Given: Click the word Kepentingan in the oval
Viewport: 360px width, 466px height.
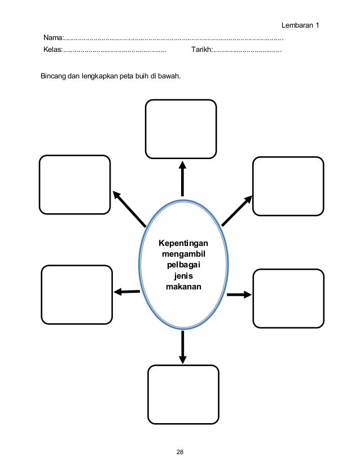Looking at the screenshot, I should pyautogui.click(x=183, y=243).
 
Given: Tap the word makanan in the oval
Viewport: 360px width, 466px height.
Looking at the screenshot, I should pyautogui.click(x=183, y=287).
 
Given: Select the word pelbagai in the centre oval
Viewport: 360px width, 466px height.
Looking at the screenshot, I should pyautogui.click(x=183, y=265).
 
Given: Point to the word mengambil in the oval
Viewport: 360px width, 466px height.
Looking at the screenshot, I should pyautogui.click(x=183, y=254).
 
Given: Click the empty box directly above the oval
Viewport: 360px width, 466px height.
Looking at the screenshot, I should pyautogui.click(x=181, y=129).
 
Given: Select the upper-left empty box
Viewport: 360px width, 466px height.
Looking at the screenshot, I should pyautogui.click(x=75, y=184).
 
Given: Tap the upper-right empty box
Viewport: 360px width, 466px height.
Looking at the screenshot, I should pyautogui.click(x=288, y=186).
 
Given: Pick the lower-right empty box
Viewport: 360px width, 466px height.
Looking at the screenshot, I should pyautogui.click(x=288, y=298).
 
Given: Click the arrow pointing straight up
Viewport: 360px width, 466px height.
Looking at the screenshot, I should pyautogui.click(x=182, y=178).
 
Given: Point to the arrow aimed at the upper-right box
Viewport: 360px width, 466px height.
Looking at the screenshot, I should pyautogui.click(x=237, y=210).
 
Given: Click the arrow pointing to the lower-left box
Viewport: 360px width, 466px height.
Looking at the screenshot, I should pyautogui.click(x=126, y=292).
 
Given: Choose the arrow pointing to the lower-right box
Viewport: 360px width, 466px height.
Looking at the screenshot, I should pyautogui.click(x=239, y=294).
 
